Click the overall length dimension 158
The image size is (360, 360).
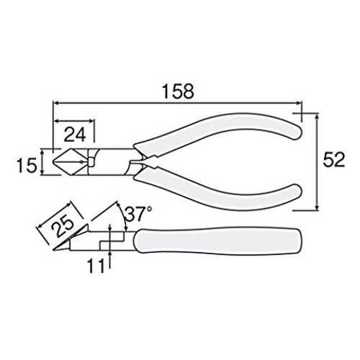pyautogui.click(x=178, y=91)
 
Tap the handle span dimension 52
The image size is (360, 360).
pyautogui.click(x=334, y=160)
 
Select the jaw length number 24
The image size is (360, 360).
pyautogui.click(x=75, y=135)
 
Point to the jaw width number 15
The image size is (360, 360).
pyautogui.click(x=27, y=165)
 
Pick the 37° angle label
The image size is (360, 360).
pyautogui.click(x=138, y=214)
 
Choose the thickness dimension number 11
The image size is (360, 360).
pyautogui.click(x=96, y=266)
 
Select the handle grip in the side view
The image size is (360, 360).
pyautogui.click(x=217, y=240)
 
